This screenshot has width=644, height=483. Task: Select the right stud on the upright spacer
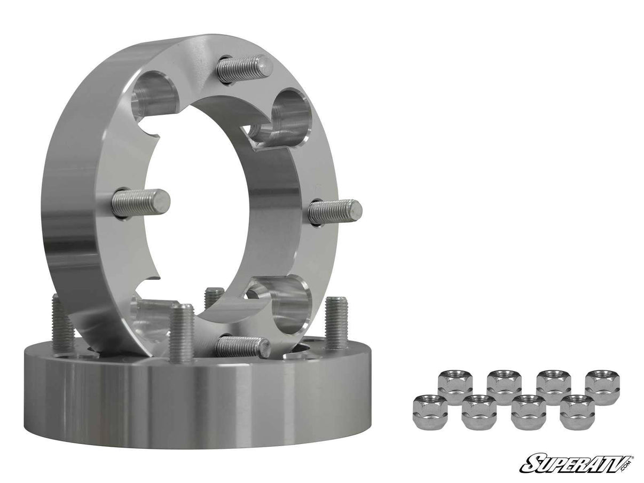click(335, 211)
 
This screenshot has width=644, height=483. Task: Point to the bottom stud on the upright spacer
click(243, 347)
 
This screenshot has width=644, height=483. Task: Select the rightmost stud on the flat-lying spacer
click(336, 322)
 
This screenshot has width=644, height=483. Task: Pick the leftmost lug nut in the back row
click(455, 386)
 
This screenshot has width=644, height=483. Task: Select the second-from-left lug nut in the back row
click(504, 386)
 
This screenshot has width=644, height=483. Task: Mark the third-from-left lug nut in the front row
click(528, 412)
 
